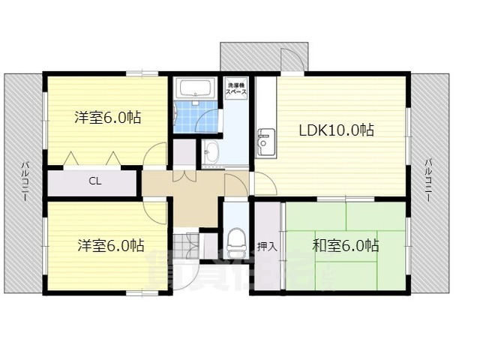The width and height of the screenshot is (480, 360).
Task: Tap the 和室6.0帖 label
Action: click(x=345, y=245)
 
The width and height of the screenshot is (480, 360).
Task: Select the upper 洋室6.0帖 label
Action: click(x=108, y=118)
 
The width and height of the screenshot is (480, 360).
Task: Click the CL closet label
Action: click(x=94, y=181)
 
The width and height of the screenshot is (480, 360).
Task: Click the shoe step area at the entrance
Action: click(x=187, y=244)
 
